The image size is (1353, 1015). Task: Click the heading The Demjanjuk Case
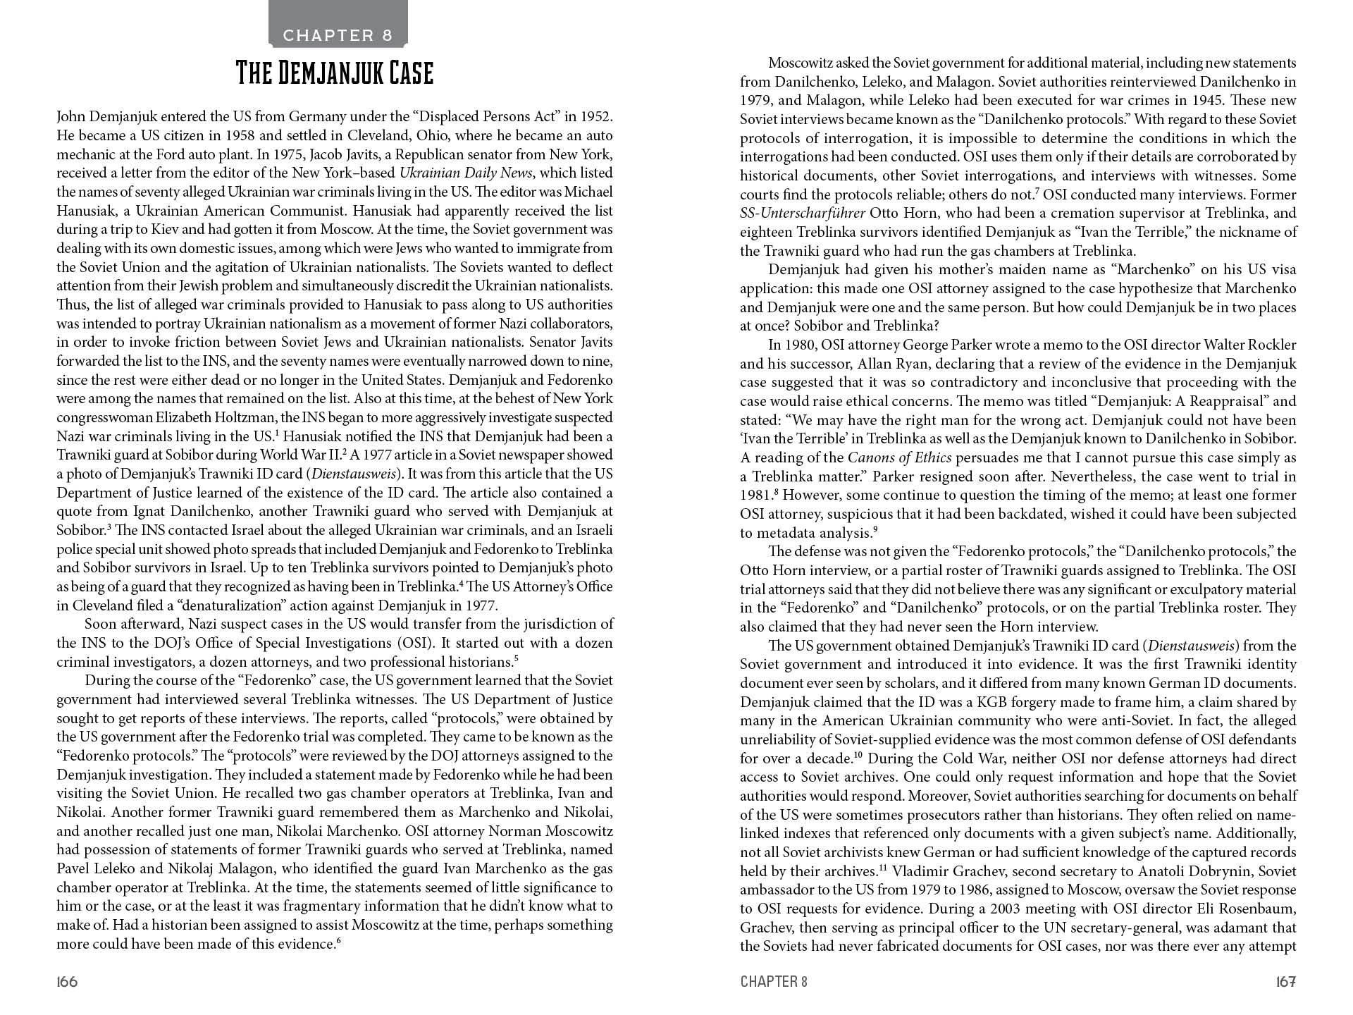(x=334, y=73)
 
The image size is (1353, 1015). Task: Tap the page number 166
(x=67, y=982)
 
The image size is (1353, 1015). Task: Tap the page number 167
(x=1285, y=982)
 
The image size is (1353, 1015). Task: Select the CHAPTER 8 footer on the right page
(x=774, y=982)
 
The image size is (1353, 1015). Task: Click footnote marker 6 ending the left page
(x=339, y=941)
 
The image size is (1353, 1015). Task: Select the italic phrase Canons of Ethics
(x=899, y=458)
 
